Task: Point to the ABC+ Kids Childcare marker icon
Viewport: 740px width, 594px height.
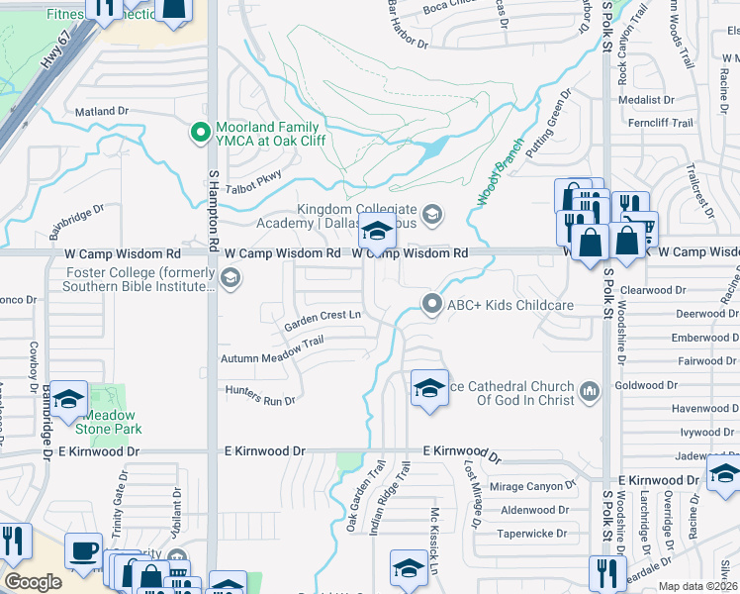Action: [430, 304]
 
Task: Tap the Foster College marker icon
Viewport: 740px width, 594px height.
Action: [230, 280]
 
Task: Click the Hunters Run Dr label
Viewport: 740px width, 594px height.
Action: [260, 396]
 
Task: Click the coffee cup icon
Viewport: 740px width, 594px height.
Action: [83, 550]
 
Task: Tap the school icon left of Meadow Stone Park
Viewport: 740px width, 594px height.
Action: [68, 400]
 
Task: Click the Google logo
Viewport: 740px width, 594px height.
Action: [33, 581]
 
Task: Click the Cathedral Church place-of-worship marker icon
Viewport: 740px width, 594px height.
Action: [590, 392]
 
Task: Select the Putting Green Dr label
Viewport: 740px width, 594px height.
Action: [549, 123]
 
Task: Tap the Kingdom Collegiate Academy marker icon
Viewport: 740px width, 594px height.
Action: [431, 213]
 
